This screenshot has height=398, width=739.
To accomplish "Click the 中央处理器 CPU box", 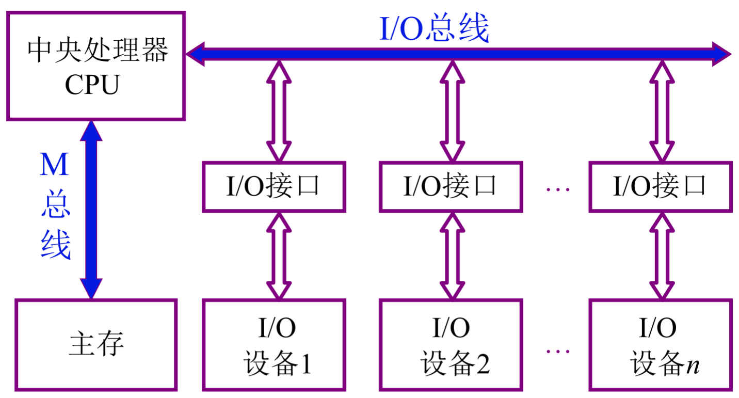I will coord(95,67).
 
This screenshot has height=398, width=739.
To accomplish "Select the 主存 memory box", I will coord(96,344).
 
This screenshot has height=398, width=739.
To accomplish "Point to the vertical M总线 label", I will coord(55,206).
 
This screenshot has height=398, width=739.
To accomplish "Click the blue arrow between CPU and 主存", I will coord(91,210).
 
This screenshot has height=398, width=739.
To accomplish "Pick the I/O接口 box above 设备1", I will coord(274,186).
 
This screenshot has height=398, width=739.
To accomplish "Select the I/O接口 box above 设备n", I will coord(660,186).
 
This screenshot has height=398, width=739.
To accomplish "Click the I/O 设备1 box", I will coord(274,344).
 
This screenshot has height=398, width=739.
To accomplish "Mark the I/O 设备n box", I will coord(660,344).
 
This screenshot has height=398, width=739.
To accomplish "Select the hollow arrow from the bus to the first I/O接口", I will coord(279,111).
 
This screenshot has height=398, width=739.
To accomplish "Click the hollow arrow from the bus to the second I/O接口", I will coord(453,111).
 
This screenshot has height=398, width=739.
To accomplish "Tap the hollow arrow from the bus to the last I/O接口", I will coord(662,111).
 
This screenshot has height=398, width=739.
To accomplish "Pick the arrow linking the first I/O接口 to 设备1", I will coord(279,256).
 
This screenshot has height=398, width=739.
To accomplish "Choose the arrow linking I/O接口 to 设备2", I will coord(453,256).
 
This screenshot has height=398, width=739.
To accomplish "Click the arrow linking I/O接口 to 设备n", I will coord(662,256).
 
